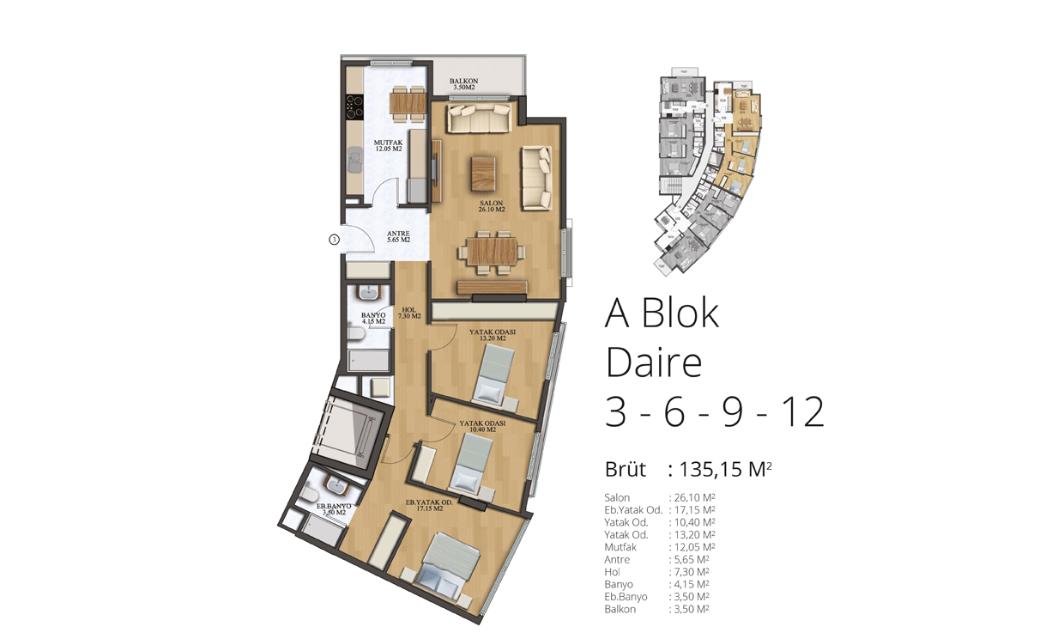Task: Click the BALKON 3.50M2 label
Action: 463,84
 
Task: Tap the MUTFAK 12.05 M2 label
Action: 388,145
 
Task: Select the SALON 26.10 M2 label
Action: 491,206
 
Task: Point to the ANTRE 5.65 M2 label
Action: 398,237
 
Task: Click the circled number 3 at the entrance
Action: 335,240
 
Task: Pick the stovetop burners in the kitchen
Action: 354,106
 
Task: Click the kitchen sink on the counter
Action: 354,160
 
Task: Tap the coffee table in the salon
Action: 483,174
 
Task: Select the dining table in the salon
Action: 492,252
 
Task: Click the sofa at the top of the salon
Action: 479,118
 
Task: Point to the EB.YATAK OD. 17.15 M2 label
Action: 429,505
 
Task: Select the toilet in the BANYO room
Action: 355,334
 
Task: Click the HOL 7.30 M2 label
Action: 409,313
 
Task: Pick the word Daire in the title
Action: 654,362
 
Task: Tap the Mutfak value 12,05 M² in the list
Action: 694,547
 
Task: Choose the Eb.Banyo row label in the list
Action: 626,596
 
